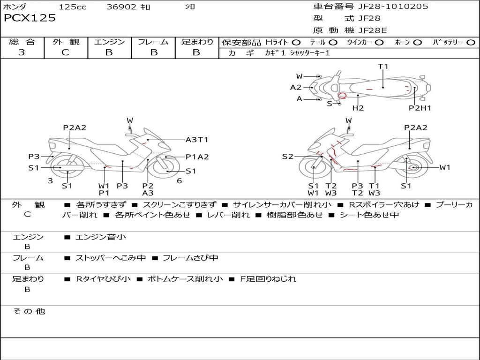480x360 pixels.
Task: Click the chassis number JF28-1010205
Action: pyautogui.click(x=393, y=7)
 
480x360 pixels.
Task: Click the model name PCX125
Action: pyautogui.click(x=30, y=18)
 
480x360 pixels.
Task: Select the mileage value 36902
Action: pyautogui.click(x=121, y=7)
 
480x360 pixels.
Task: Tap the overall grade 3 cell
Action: pyautogui.click(x=22, y=52)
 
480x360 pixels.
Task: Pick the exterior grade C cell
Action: pyautogui.click(x=65, y=52)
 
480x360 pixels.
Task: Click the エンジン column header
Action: pyautogui.click(x=109, y=42)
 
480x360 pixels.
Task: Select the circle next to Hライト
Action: pyautogui.click(x=296, y=42)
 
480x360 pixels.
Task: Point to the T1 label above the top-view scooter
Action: pyautogui.click(x=383, y=67)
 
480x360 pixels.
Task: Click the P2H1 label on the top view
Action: pyautogui.click(x=420, y=108)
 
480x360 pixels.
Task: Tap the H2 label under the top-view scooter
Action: pyautogui.click(x=358, y=108)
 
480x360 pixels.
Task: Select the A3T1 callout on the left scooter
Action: pyautogui.click(x=197, y=139)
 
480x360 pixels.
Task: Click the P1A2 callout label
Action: pyautogui.click(x=197, y=157)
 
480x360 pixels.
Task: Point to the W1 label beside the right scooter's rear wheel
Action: pyautogui.click(x=444, y=167)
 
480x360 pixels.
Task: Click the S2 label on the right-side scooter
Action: pyautogui.click(x=287, y=157)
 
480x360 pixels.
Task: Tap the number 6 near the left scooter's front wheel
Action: pyautogui.click(x=179, y=181)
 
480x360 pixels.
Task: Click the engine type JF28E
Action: pyautogui.click(x=372, y=30)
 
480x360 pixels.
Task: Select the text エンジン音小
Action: pyautogui.click(x=101, y=237)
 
